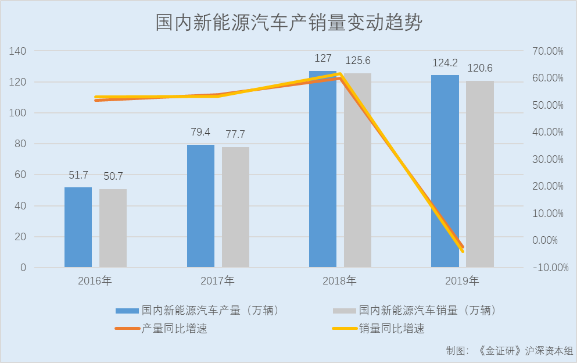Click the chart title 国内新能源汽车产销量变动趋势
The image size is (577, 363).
pos(288,23)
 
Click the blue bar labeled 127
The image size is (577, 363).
pos(322,175)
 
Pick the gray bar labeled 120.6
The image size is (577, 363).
pos(479,175)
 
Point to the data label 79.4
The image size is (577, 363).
pos(200,133)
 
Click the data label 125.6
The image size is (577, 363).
pos(358,61)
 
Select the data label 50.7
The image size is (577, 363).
pos(113,176)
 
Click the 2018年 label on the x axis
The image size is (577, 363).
pos(340,281)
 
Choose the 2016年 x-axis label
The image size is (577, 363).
pos(95,281)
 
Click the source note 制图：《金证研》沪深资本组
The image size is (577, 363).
pos(509,351)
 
